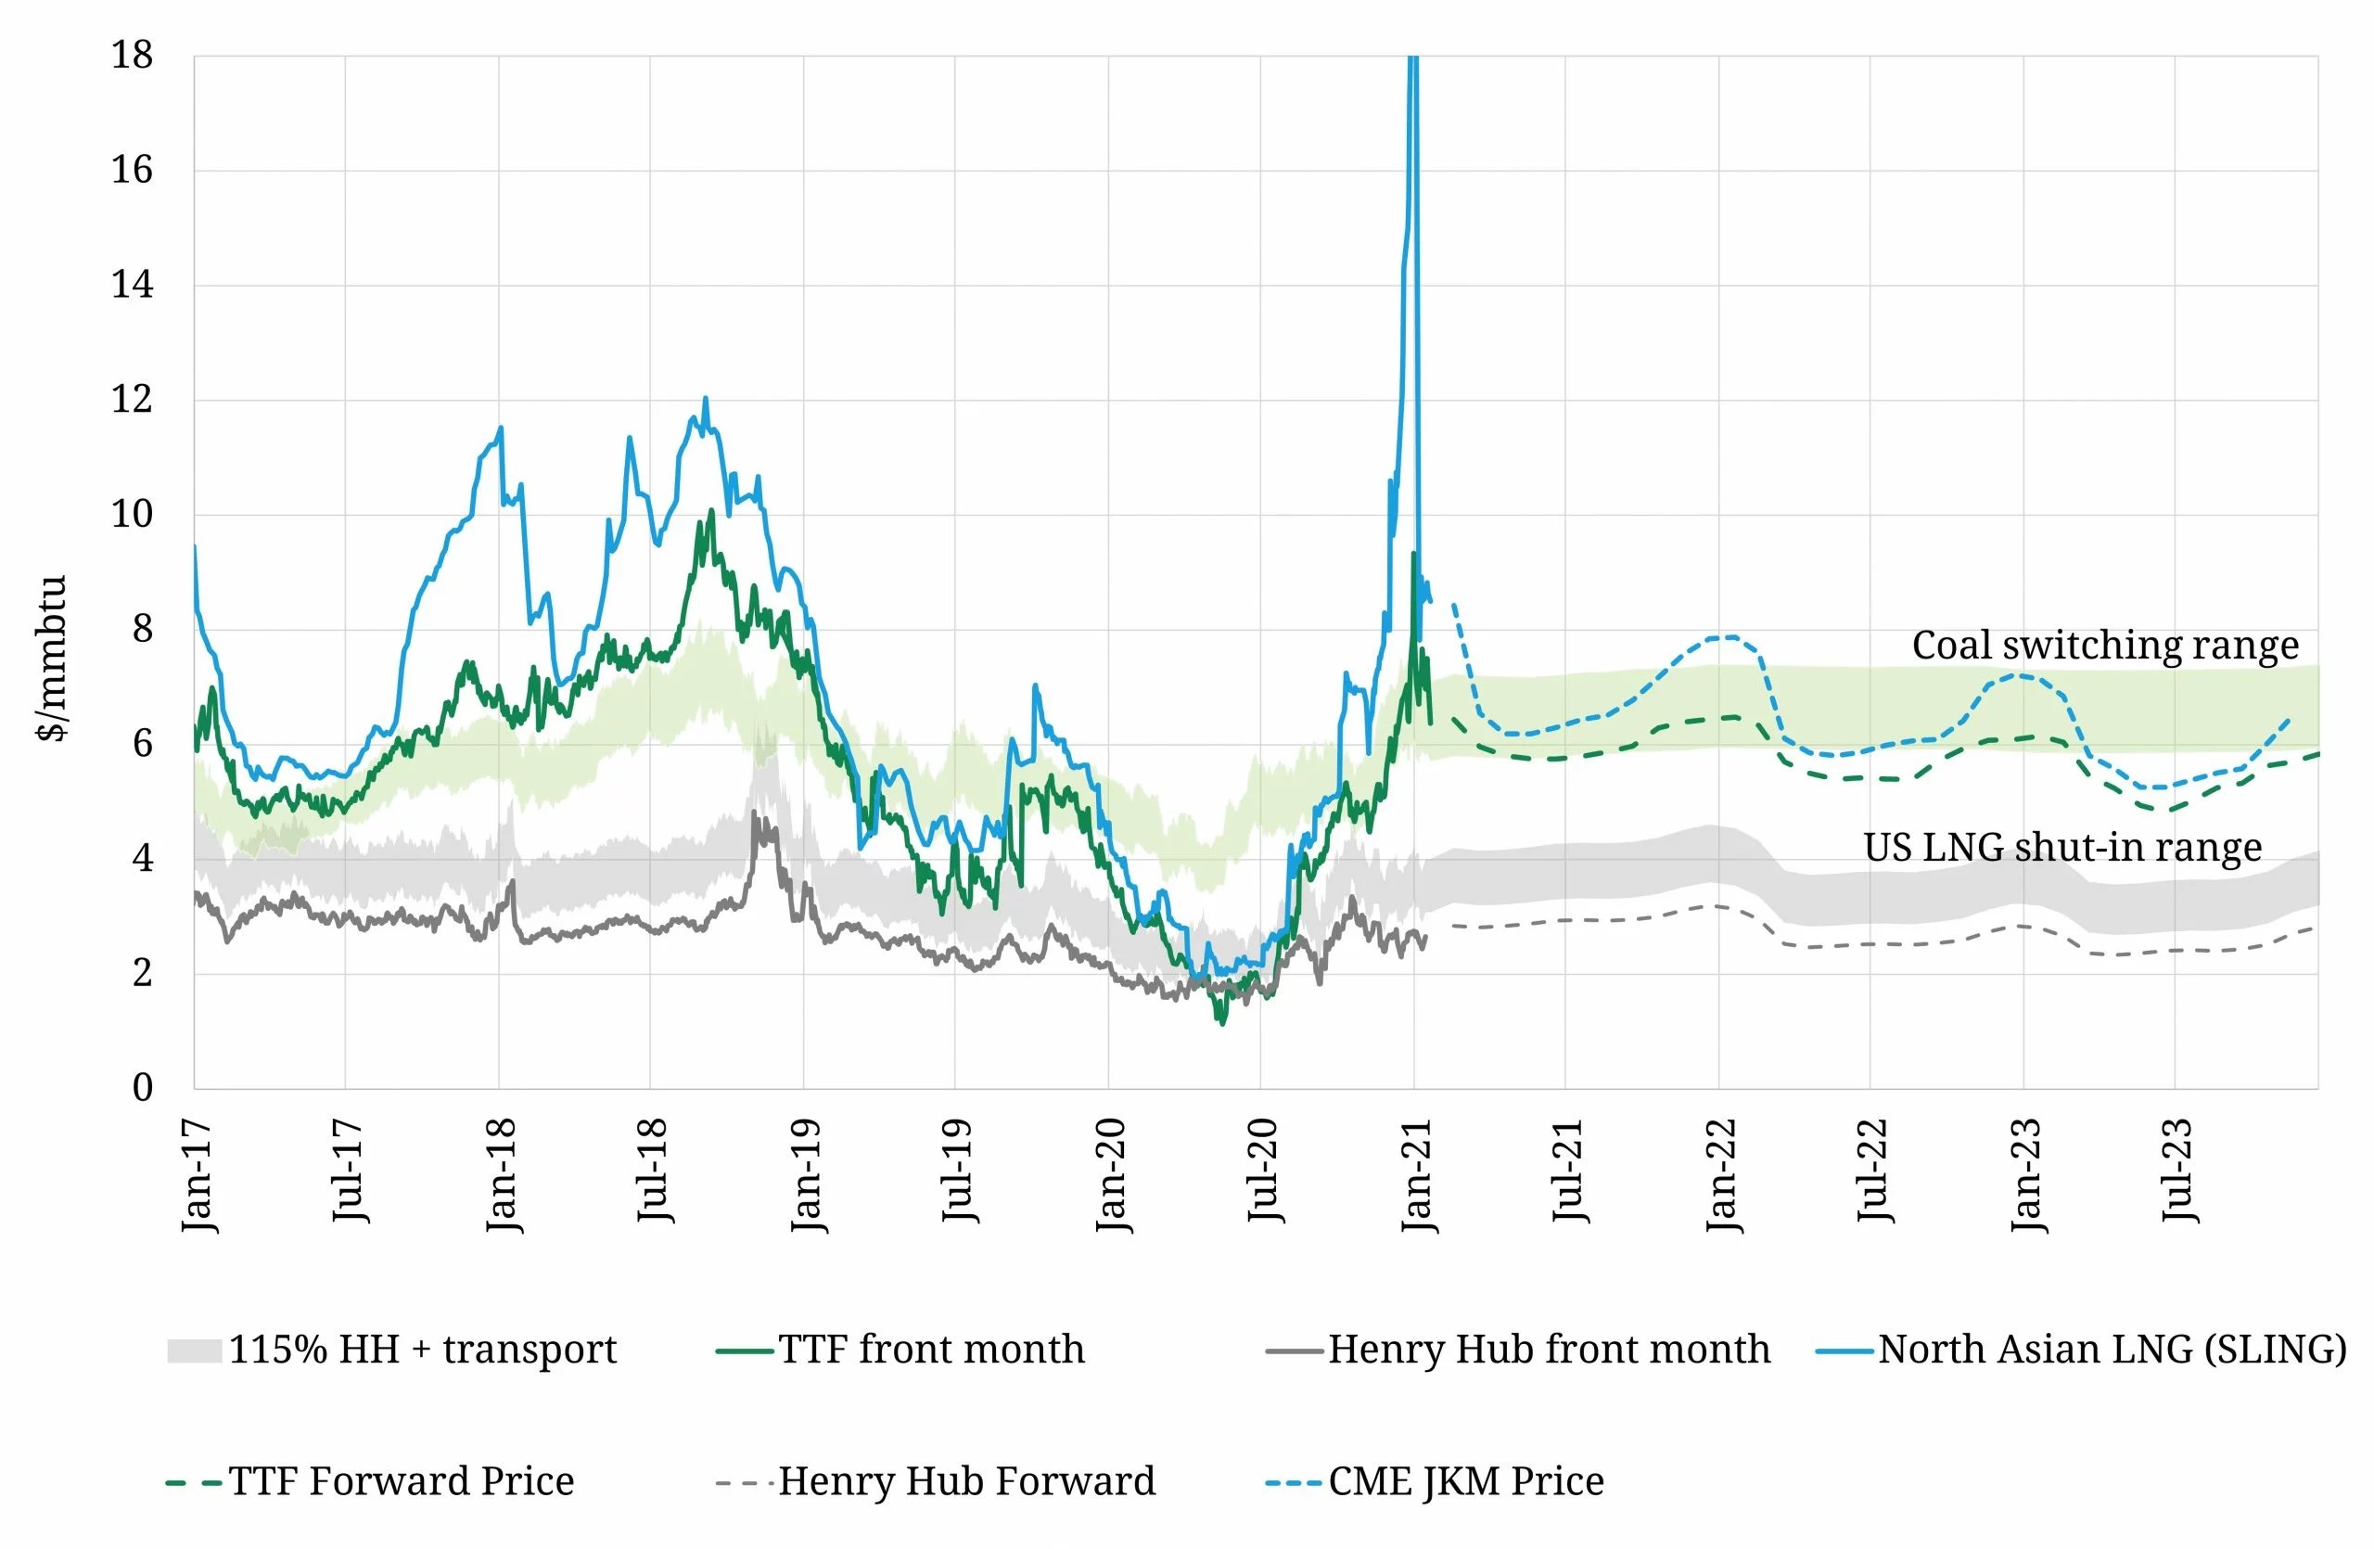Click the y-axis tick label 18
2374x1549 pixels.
(132, 55)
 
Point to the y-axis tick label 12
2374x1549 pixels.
(132, 399)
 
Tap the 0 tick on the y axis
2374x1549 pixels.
(143, 1087)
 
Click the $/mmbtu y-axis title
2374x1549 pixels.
(52, 659)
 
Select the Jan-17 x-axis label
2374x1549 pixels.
(198, 1175)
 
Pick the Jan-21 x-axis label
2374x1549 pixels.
(1417, 1175)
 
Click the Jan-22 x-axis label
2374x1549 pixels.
(1723, 1175)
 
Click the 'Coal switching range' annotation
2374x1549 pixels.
(2105, 646)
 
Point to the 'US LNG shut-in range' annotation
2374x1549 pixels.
(2061, 848)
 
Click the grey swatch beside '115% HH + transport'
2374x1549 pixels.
(194, 1351)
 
